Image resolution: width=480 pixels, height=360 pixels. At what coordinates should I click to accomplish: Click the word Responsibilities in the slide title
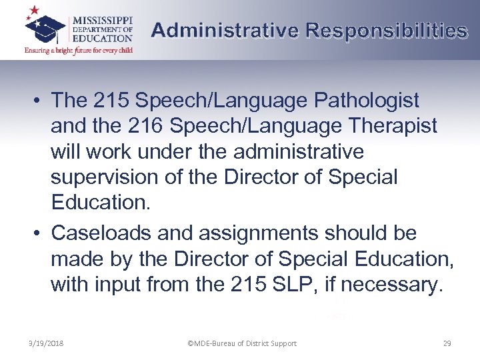(x=386, y=31)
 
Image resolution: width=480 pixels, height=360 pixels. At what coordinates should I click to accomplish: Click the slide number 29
(x=447, y=343)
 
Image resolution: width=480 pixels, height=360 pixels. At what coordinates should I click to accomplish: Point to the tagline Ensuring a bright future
(x=79, y=49)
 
